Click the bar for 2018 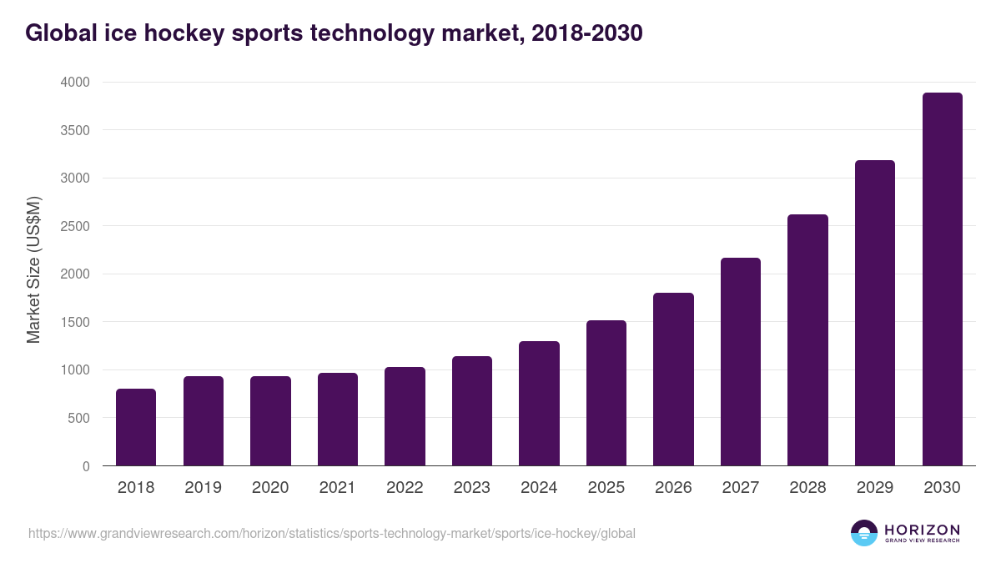[136, 427]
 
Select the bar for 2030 [942, 279]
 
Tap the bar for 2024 [539, 404]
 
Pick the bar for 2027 [741, 362]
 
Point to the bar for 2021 [337, 420]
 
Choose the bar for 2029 [875, 313]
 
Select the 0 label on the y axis [86, 466]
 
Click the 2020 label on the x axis [270, 488]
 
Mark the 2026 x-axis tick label [673, 488]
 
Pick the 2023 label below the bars [472, 488]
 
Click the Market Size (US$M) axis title [33, 270]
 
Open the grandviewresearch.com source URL [332, 533]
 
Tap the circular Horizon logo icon [863, 533]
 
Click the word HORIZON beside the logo [922, 530]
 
